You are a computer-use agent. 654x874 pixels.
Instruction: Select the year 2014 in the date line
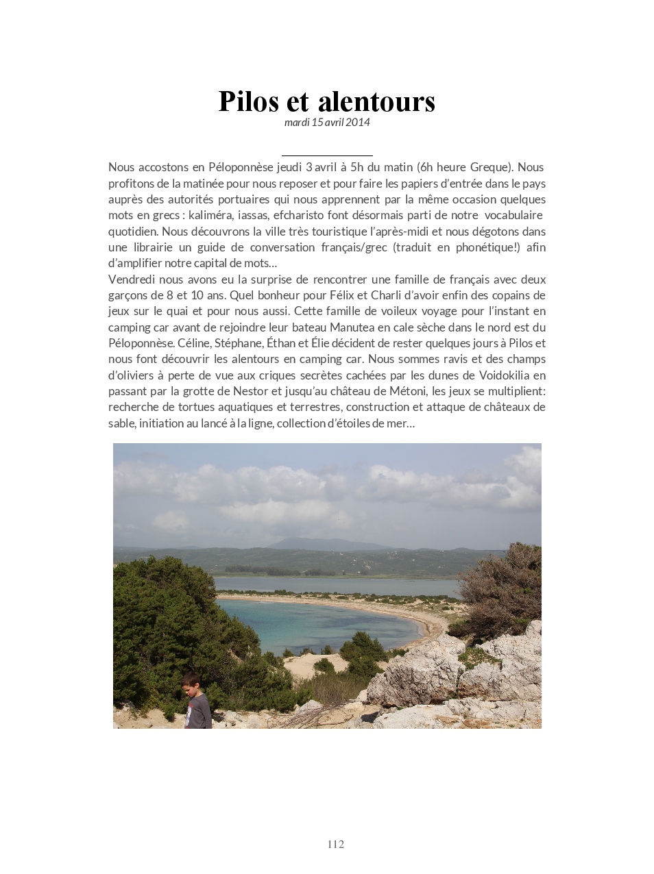[358, 123]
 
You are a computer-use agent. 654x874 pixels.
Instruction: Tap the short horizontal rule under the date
[327, 156]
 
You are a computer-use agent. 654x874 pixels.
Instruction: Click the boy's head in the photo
[192, 682]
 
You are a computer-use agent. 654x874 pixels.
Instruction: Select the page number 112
[336, 844]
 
